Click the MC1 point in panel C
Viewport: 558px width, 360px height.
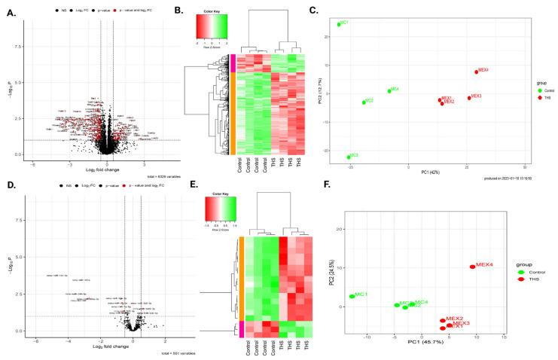point(339,24)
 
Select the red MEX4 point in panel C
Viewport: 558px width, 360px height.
point(476,72)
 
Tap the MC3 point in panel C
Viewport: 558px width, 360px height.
point(349,157)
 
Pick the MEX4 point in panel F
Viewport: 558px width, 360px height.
point(472,266)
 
